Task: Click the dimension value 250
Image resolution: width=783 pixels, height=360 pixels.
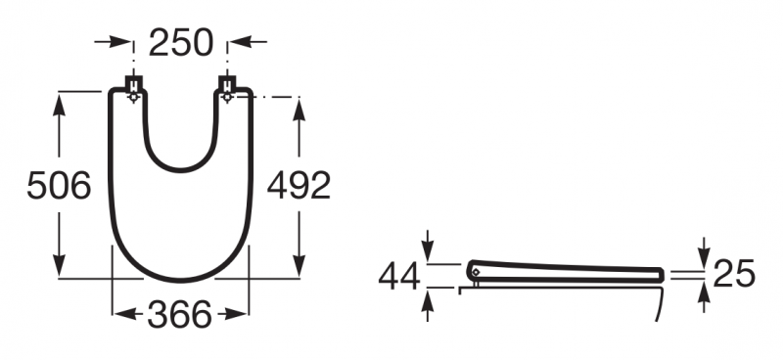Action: [x=181, y=42]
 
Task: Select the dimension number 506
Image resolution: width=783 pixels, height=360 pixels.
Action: [x=59, y=185]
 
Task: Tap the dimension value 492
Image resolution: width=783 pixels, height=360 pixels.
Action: [x=299, y=185]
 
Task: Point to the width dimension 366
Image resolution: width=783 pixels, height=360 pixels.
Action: [x=180, y=315]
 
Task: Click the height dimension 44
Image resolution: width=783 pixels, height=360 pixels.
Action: [x=399, y=277]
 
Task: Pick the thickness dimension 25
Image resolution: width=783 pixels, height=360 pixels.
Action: [x=734, y=274]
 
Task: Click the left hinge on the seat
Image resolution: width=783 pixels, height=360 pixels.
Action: [x=133, y=89]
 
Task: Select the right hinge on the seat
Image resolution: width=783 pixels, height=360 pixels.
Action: [x=227, y=89]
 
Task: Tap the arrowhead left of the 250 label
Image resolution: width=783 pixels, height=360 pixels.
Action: [x=121, y=42]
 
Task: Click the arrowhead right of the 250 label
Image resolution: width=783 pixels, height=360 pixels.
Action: [x=239, y=42]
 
